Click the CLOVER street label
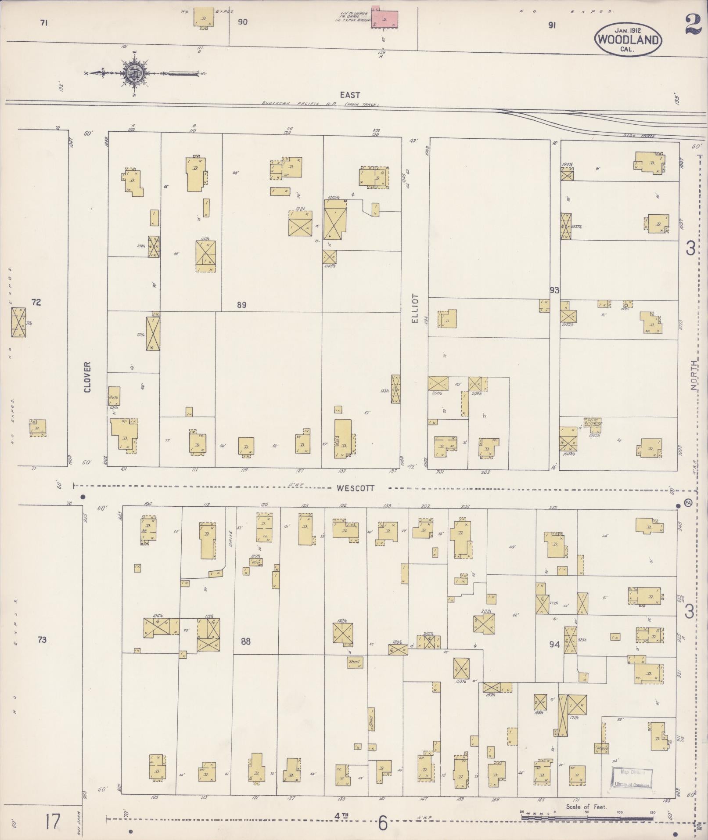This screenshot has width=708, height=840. pyautogui.click(x=87, y=377)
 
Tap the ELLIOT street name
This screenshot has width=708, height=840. pyautogui.click(x=415, y=309)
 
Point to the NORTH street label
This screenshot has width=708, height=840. pyautogui.click(x=694, y=375)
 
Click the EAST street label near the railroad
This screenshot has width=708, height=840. pyautogui.click(x=350, y=95)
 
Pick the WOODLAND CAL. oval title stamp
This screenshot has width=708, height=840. pyautogui.click(x=628, y=40)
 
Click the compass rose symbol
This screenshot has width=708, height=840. pyautogui.click(x=133, y=73)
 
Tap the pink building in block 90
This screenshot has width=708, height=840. pyautogui.click(x=385, y=18)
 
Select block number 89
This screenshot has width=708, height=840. pyautogui.click(x=241, y=305)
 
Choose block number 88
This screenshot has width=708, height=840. pyautogui.click(x=245, y=642)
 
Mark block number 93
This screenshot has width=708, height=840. pyautogui.click(x=554, y=290)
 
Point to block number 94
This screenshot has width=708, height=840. pyautogui.click(x=554, y=645)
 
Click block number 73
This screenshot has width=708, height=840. pyautogui.click(x=42, y=640)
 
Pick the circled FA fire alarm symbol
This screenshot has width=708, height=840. pyautogui.click(x=687, y=503)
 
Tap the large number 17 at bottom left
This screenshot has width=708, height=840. pyautogui.click(x=52, y=821)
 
